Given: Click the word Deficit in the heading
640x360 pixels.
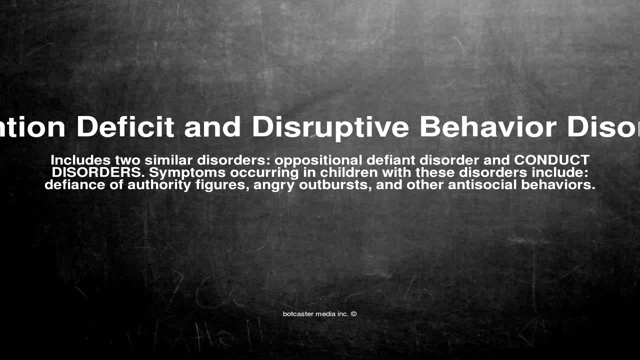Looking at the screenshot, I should (125, 127).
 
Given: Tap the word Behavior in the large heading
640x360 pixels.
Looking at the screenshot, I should (488, 127).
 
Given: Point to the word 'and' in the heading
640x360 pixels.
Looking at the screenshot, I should (213, 127).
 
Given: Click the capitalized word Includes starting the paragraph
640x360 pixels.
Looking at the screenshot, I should (80, 160).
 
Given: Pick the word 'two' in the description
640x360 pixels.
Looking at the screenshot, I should (128, 160).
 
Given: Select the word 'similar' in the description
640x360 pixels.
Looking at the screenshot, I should (169, 160).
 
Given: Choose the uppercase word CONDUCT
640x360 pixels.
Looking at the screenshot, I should (552, 160).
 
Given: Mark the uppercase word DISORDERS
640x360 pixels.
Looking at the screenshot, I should (98, 172).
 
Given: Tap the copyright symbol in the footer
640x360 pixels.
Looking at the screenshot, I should (353, 314).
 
